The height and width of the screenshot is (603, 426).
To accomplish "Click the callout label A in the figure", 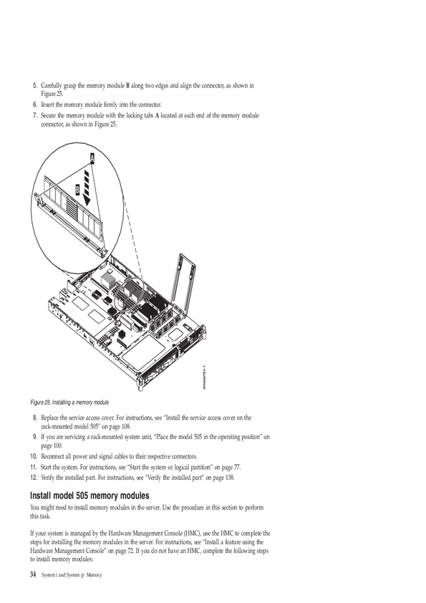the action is pos(92,158).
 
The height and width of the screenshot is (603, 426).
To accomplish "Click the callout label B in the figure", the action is pos(77,190).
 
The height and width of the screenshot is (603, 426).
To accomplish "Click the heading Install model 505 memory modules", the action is pos(89,496).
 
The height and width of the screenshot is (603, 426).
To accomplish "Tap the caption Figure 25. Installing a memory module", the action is pos(69,402).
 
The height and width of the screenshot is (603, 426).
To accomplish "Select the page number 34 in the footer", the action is pos(33,575).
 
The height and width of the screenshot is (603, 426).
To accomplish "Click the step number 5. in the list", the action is pos(35,85).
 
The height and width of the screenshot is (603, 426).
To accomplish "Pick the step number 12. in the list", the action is pos(34,478).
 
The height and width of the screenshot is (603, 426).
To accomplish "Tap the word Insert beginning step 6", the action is pos(48,105).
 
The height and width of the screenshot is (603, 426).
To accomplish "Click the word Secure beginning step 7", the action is pos(49,115).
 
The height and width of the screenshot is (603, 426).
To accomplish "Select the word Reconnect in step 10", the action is pos(52,456).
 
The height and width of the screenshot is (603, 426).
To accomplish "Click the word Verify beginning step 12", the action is pos(48,478).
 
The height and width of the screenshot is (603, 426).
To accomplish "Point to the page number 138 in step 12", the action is pos(230,478).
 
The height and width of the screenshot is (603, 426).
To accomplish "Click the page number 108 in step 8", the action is pos(126,426).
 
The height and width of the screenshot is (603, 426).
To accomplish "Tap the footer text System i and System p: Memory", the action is pos(72,575).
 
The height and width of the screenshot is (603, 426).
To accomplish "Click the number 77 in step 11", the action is pos(237,467).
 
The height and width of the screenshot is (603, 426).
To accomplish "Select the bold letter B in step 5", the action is pos(127,85).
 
